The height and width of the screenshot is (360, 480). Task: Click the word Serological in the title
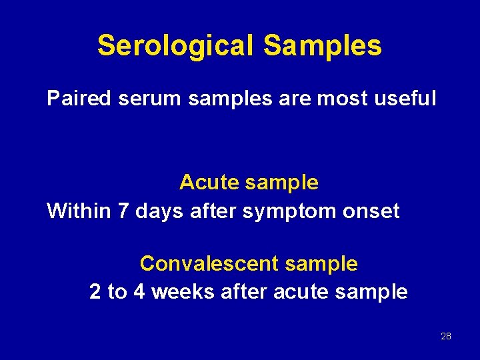[x=175, y=46]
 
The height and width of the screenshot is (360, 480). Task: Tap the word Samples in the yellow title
[x=323, y=46]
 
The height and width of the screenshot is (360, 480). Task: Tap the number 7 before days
[x=123, y=211]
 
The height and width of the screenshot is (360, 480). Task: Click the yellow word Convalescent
[x=209, y=263]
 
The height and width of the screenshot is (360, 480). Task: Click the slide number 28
[x=446, y=336]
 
